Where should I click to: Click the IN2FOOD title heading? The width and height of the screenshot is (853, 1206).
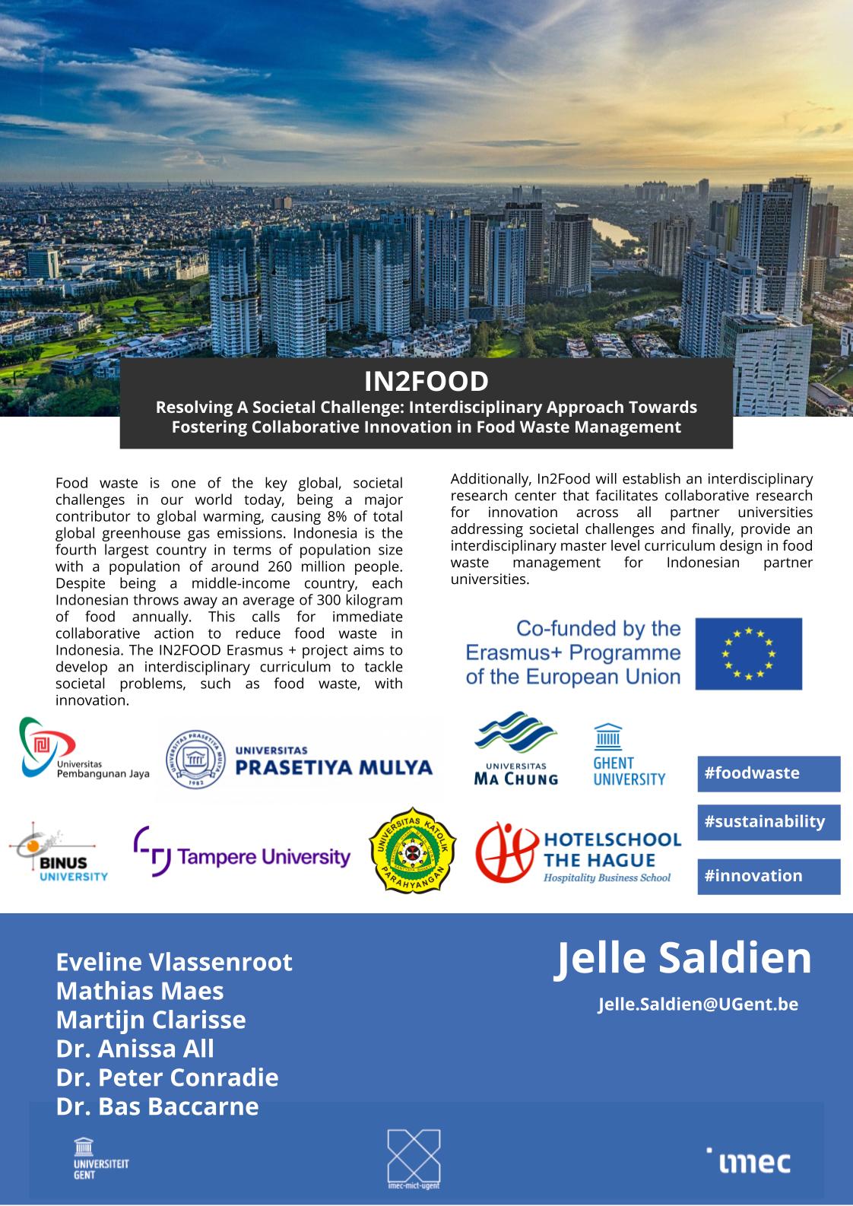426,380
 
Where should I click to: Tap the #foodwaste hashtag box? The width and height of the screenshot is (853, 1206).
768,773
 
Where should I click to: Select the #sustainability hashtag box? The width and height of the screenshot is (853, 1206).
768,822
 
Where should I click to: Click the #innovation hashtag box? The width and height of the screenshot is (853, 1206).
768,876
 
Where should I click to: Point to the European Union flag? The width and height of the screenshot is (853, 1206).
748,653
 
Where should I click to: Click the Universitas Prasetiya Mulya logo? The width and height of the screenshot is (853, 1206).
300,760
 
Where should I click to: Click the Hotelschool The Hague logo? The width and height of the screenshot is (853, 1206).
578,853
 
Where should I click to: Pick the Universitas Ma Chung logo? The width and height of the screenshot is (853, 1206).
516,749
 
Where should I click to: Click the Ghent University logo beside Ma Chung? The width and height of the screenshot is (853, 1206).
629,755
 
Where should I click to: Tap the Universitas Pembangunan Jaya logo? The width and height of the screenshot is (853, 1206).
83,749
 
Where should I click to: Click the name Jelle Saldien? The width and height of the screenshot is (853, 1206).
683,958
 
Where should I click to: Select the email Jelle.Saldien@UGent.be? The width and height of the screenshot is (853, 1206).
697,1004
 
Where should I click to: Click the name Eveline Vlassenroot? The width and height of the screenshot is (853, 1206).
174,962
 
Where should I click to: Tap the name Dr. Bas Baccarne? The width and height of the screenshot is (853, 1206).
157,1106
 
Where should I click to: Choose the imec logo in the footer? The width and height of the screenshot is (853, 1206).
748,1161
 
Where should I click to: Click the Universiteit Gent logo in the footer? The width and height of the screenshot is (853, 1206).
90,1158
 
